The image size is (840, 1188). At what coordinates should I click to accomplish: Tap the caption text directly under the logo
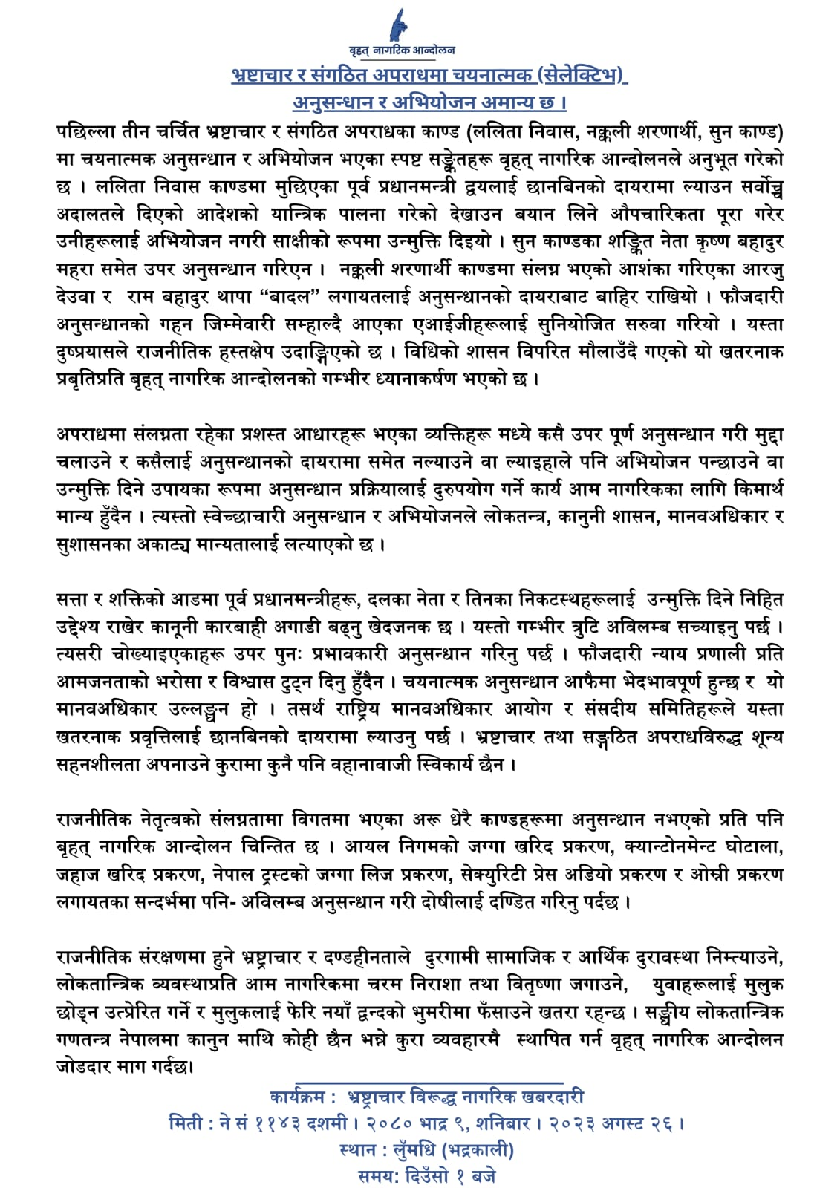[403, 51]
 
